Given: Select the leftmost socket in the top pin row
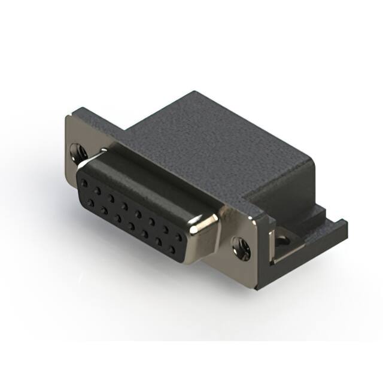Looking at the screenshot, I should pyautogui.click(x=85, y=181).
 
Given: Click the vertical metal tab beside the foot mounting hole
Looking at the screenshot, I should pyautogui.click(x=273, y=245).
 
